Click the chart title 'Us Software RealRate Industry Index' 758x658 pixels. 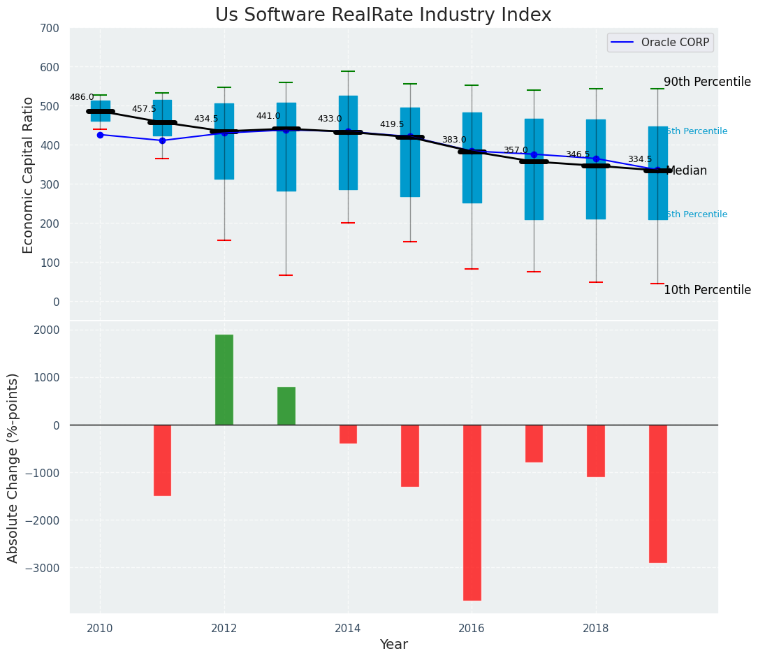[x=383, y=15]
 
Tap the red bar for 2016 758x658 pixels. [x=472, y=512]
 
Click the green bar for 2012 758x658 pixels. [x=224, y=379]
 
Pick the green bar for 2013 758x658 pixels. [x=286, y=406]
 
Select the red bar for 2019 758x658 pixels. [x=657, y=493]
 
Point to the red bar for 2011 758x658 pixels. [x=162, y=460]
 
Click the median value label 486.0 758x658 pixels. [x=82, y=98]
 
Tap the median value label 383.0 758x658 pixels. [x=454, y=140]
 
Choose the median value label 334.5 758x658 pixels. [x=640, y=160]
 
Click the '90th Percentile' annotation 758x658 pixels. [x=707, y=82]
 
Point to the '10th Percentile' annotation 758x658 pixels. [x=707, y=291]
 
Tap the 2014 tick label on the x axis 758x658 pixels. [x=348, y=628]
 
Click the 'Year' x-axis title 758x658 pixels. [x=393, y=645]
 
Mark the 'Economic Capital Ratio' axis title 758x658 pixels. [x=29, y=175]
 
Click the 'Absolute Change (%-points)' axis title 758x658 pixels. [x=13, y=467]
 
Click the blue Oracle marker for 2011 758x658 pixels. [x=162, y=140]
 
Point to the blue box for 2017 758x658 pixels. [x=534, y=169]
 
